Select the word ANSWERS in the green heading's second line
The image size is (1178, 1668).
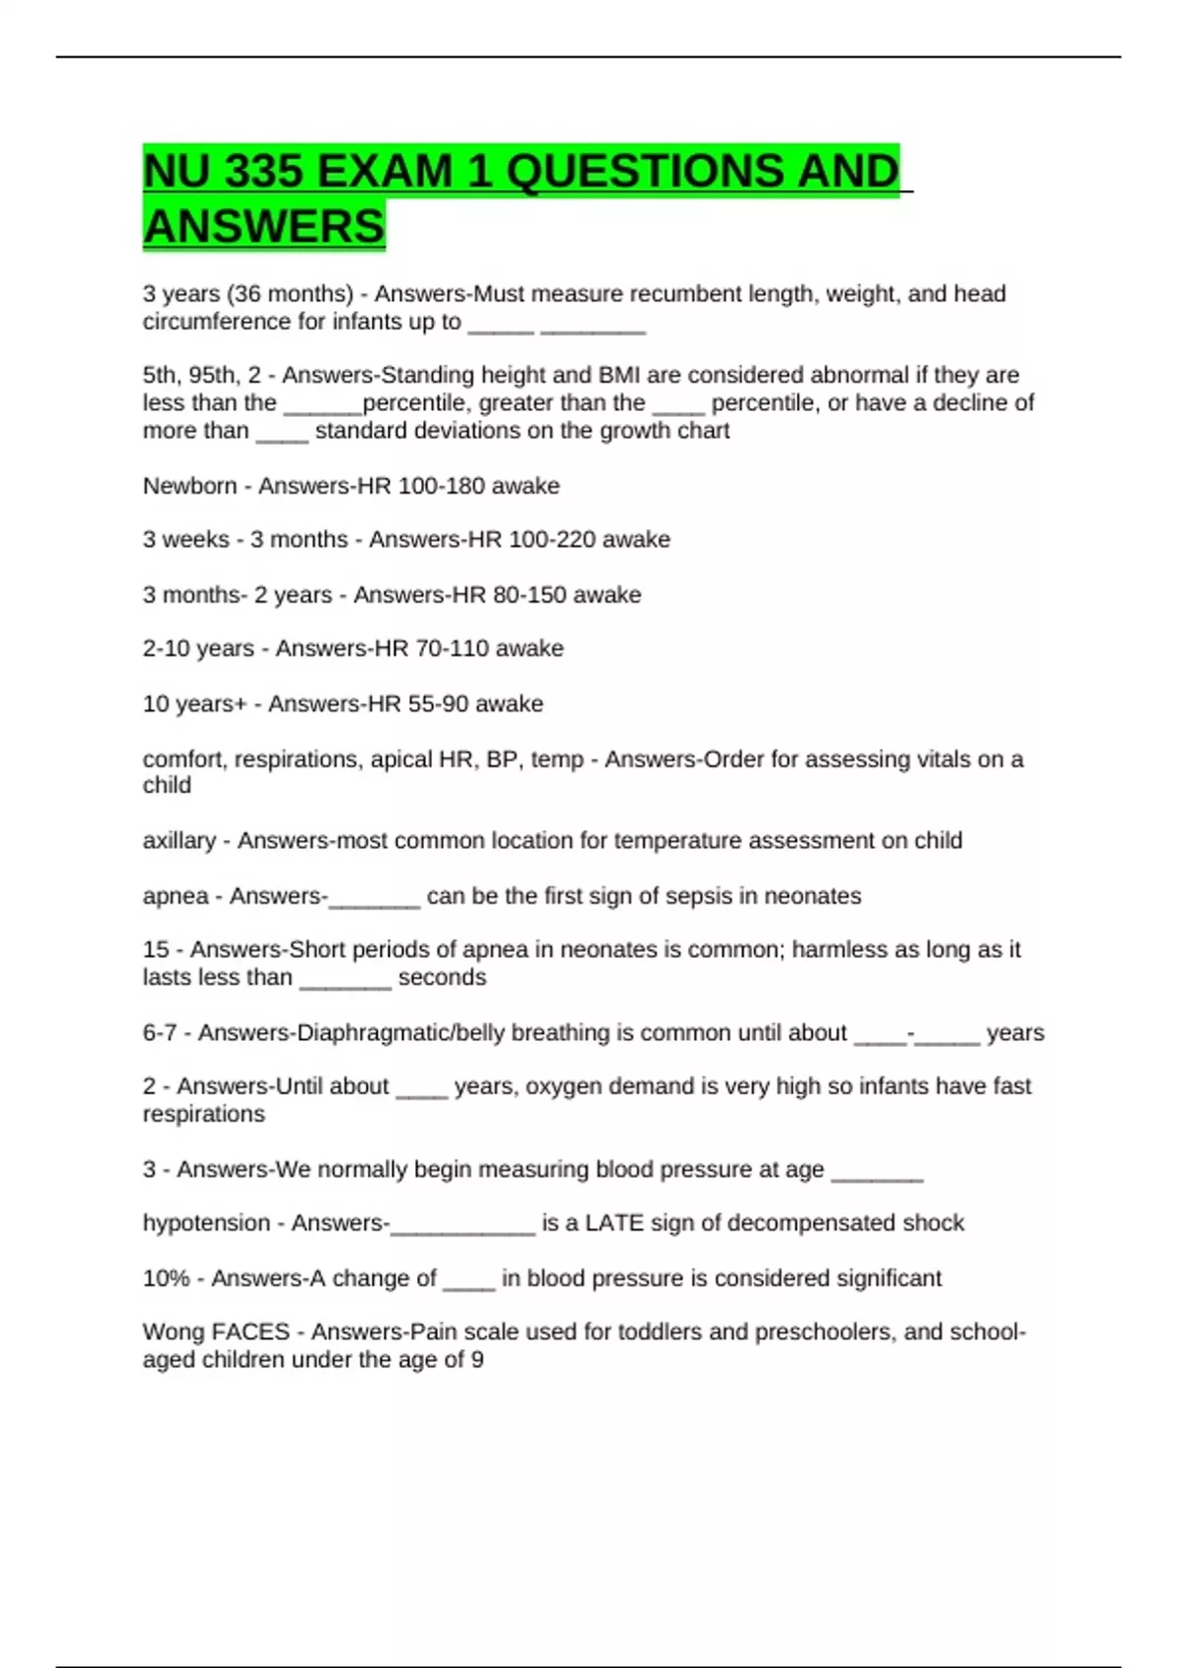(x=264, y=227)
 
